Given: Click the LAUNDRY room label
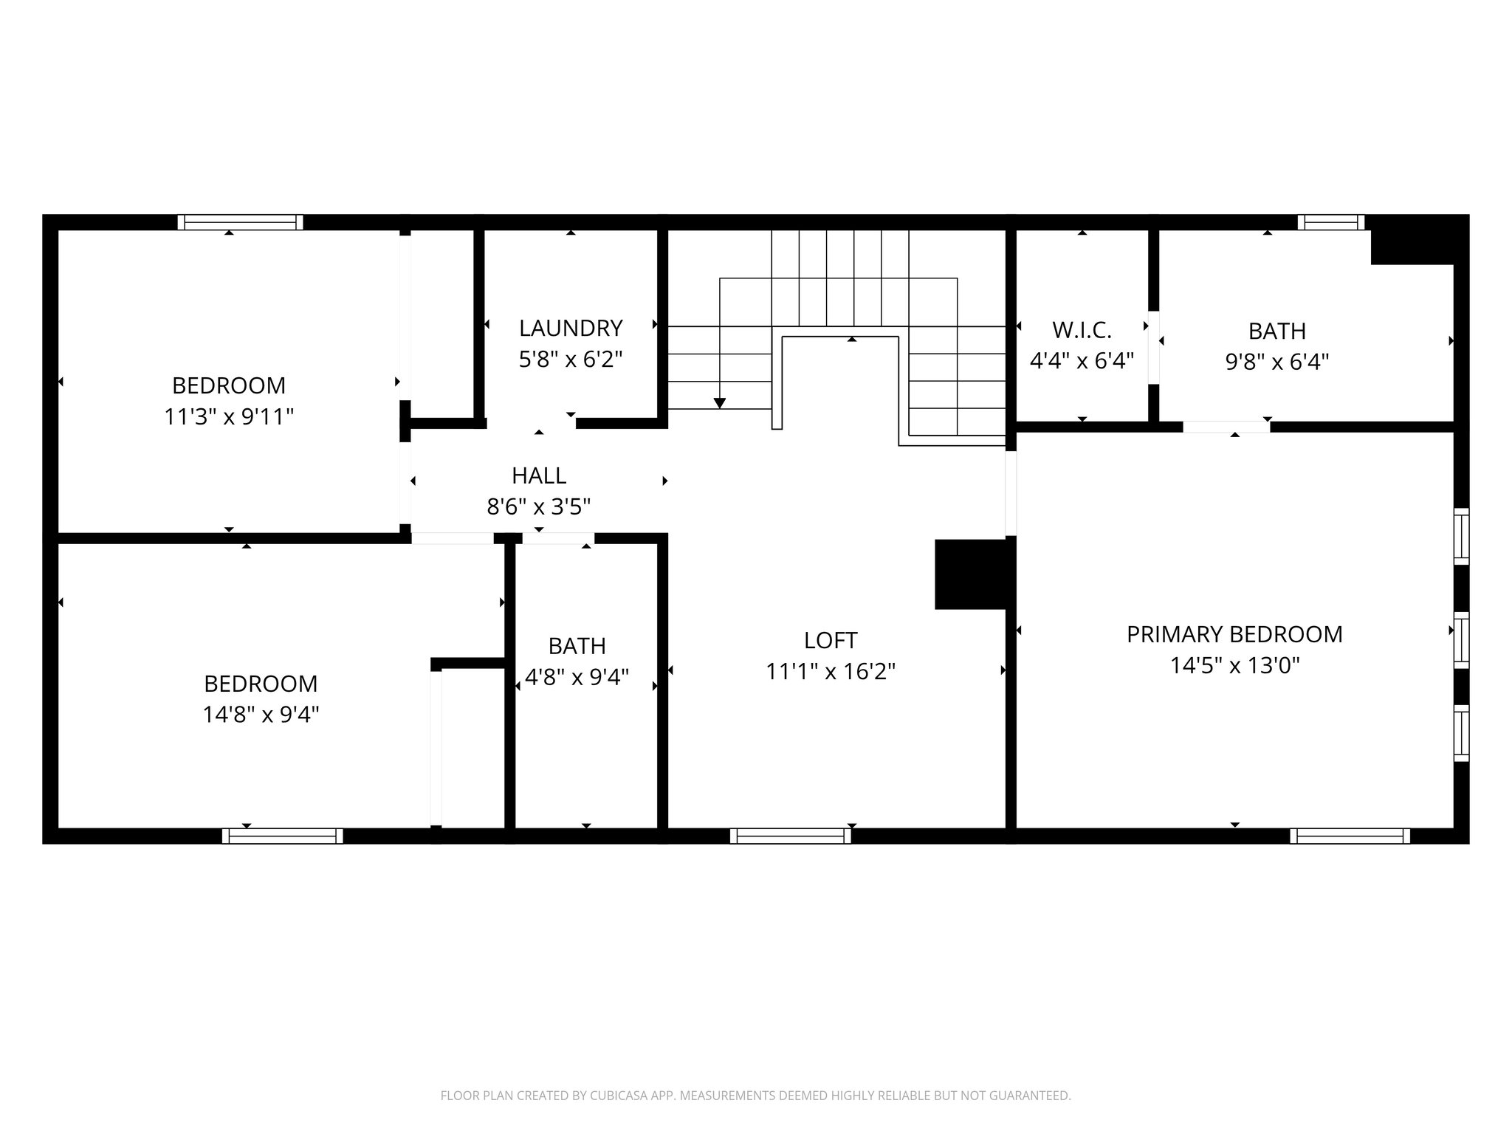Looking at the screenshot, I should click(571, 328).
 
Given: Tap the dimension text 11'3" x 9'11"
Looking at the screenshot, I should click(229, 417).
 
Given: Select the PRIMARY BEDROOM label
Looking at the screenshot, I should click(1234, 634).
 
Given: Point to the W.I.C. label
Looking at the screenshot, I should click(1082, 329).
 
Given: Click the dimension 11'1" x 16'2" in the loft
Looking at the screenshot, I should click(831, 672).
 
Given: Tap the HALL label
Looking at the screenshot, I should click(539, 475).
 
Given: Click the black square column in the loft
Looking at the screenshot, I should click(970, 574).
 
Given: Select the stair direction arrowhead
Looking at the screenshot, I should click(719, 403).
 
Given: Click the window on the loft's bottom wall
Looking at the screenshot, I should click(791, 836).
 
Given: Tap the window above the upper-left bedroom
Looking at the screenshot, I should click(241, 222).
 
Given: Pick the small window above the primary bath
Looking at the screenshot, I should click(1331, 222).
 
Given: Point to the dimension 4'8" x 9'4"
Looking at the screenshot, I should click(577, 677).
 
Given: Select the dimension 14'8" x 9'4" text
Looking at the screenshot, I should click(261, 715).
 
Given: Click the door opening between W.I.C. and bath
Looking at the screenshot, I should click(1153, 347).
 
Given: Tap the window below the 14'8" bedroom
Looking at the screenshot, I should click(283, 836).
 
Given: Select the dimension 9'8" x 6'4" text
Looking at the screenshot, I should click(1277, 362).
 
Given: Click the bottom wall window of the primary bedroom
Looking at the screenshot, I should click(1350, 836).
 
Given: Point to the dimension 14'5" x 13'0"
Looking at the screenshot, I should click(1234, 666).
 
